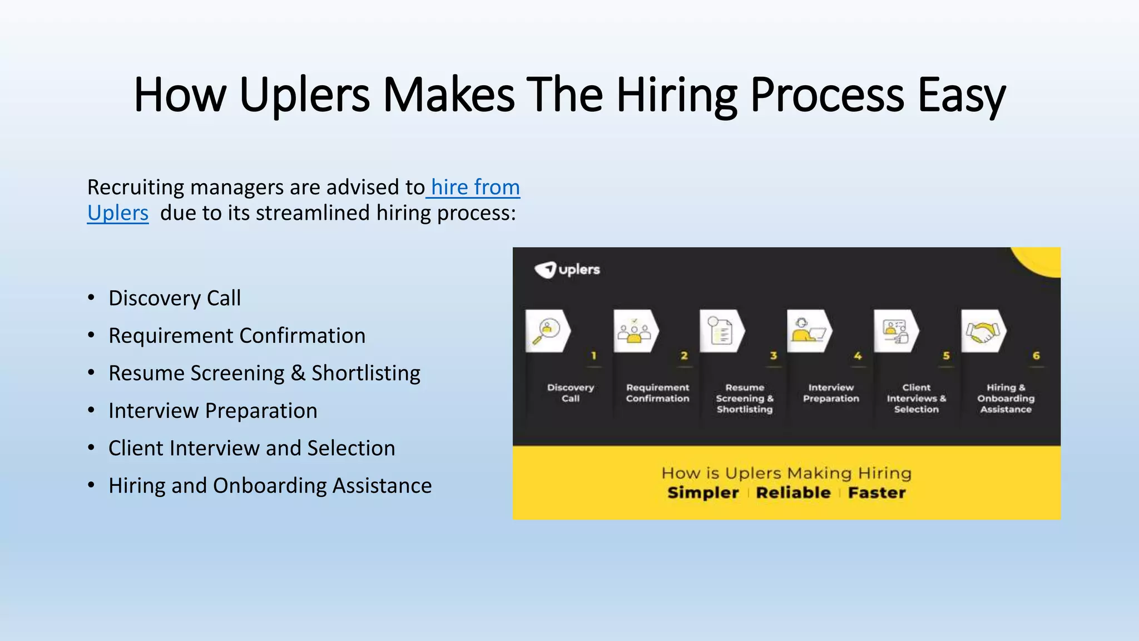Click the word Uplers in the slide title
tap(304, 95)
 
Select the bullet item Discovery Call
tap(175, 298)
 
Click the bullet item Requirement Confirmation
tap(237, 336)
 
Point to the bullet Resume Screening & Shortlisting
tap(264, 373)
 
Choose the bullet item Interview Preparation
tap(212, 411)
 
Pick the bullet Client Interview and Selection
tap(251, 448)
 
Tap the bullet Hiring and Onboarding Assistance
tap(270, 486)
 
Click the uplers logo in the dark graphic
tap(567, 270)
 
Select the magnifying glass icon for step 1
tap(547, 331)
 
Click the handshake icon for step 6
tap(983, 332)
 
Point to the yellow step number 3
tap(773, 356)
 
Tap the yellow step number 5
tap(946, 356)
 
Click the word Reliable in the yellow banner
tap(793, 493)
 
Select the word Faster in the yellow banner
tap(876, 493)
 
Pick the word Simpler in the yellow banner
tap(703, 493)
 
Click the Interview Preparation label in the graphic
tap(831, 393)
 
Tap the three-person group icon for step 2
tap(635, 332)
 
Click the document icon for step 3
tap(721, 332)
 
